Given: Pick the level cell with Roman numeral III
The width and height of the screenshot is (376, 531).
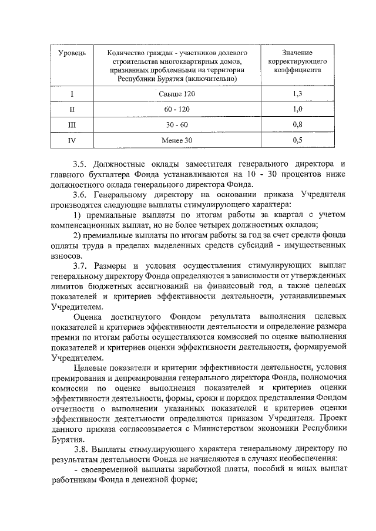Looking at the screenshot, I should coord(72,125).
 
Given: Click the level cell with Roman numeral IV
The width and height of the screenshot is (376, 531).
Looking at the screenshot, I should coord(72,140).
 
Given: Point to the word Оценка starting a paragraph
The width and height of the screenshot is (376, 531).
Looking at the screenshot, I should coord(88,317).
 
